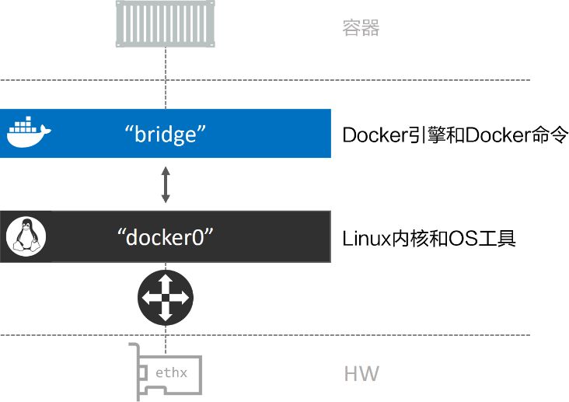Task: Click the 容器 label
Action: click(361, 29)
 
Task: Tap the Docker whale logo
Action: click(28, 133)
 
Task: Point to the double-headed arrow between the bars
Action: click(165, 184)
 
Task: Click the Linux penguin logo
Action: click(26, 236)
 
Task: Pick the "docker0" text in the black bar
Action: click(165, 236)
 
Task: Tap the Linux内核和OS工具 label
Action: click(429, 238)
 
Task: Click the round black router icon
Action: click(165, 296)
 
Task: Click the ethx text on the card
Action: click(171, 373)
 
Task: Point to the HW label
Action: click(361, 374)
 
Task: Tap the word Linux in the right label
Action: click(363, 238)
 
